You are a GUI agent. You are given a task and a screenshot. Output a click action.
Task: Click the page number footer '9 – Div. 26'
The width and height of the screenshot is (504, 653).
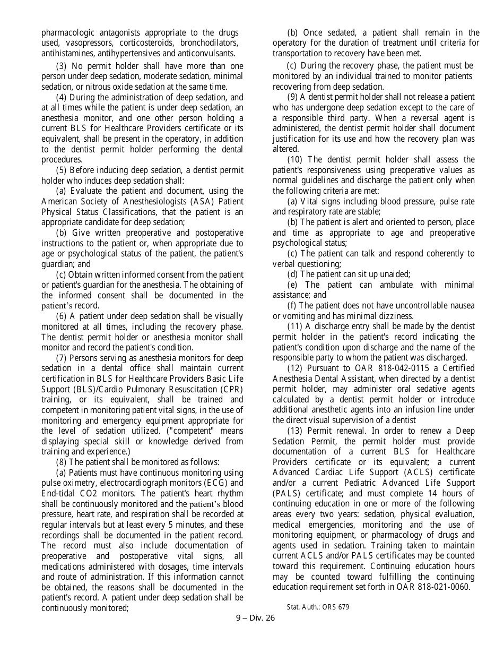coord(255,618)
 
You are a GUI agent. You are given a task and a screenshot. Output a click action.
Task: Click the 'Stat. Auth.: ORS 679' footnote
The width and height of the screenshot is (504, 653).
coord(318,607)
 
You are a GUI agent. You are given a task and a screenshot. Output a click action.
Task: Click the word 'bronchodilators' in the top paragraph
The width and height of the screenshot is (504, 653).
coord(209,43)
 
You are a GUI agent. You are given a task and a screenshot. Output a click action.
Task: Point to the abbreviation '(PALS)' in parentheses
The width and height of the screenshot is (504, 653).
coord(286,493)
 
